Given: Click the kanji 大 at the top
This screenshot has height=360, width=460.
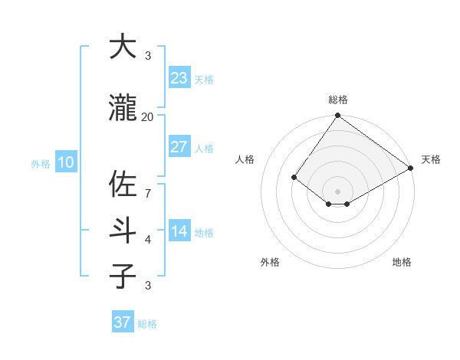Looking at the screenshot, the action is [123, 47].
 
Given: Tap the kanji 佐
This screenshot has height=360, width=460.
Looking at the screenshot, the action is [123, 185].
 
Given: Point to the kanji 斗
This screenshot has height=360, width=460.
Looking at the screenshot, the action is [123, 231].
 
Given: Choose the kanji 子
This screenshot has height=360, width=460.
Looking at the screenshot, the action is [123, 277].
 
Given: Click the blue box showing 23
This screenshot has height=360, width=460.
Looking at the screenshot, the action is [179, 78].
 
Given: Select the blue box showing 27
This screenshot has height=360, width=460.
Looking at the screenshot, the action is [179, 147].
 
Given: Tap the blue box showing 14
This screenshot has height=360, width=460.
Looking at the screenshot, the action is [179, 231].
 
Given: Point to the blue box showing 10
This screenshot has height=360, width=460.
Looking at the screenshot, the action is [65, 162].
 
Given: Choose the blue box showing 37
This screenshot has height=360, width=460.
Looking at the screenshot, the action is [123, 322].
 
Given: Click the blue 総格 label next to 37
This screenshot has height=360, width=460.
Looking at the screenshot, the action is [147, 324].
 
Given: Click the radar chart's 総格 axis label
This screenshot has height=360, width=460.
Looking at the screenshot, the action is [337, 100].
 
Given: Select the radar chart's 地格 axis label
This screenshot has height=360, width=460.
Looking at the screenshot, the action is [402, 262].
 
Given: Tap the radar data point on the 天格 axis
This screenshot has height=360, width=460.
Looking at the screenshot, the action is [411, 169].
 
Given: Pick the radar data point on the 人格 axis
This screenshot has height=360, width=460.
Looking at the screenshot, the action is [294, 178].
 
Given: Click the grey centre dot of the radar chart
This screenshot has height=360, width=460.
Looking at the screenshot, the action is [337, 191].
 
